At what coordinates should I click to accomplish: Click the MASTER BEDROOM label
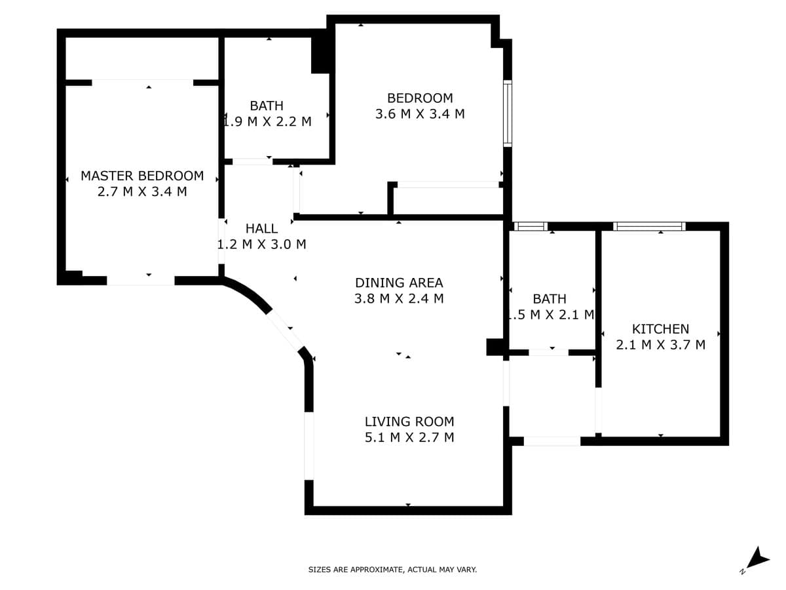pyautogui.click(x=142, y=176)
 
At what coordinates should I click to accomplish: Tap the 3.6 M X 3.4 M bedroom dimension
pyautogui.click(x=420, y=114)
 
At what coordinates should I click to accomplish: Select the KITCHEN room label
pyautogui.click(x=660, y=329)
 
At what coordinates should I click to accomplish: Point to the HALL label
pyautogui.click(x=261, y=229)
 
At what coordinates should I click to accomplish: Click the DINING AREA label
pyautogui.click(x=399, y=283)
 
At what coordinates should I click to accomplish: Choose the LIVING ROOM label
pyautogui.click(x=409, y=422)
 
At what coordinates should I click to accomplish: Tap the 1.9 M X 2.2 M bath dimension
pyautogui.click(x=267, y=122)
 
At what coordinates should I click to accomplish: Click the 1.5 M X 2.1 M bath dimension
pyautogui.click(x=551, y=315)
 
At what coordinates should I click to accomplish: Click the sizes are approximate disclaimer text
pyautogui.click(x=392, y=569)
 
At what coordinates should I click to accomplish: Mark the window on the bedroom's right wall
pyautogui.click(x=508, y=113)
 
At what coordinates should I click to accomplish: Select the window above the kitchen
pyautogui.click(x=649, y=226)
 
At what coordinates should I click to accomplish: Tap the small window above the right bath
pyautogui.click(x=531, y=226)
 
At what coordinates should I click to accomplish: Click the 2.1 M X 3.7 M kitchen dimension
pyautogui.click(x=660, y=345)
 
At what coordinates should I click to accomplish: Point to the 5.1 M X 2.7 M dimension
pyautogui.click(x=409, y=437)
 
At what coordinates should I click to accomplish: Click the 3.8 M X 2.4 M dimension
pyautogui.click(x=399, y=298)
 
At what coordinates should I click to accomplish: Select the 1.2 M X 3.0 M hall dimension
pyautogui.click(x=262, y=245)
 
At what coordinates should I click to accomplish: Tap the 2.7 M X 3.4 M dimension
pyautogui.click(x=142, y=191)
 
